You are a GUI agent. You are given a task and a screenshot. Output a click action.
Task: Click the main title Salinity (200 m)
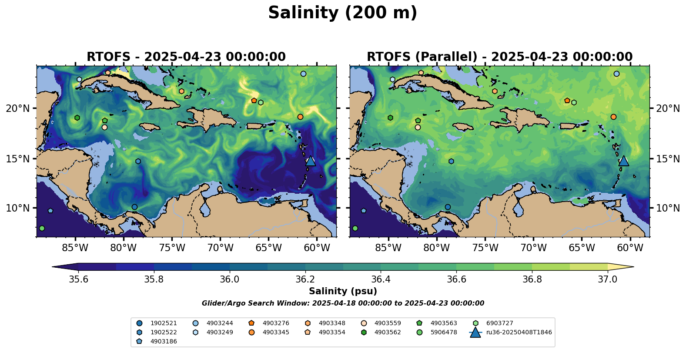pyautogui.click(x=342, y=13)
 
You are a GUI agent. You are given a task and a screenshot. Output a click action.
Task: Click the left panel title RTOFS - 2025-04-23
pyautogui.click(x=186, y=57)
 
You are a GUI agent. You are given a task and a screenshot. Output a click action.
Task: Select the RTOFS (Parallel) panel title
pyautogui.click(x=499, y=57)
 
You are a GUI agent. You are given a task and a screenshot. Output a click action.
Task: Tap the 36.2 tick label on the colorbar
pyautogui.click(x=305, y=279)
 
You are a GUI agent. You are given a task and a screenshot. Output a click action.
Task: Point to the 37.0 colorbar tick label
pyautogui.click(x=607, y=279)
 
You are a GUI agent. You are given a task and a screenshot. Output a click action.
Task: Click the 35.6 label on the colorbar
pyautogui.click(x=78, y=279)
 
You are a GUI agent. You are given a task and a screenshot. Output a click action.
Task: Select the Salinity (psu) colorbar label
pyautogui.click(x=343, y=291)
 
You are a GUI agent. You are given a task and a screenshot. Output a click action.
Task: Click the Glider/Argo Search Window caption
pyautogui.click(x=343, y=303)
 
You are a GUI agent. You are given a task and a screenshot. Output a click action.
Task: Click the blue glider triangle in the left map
pyautogui.click(x=310, y=161)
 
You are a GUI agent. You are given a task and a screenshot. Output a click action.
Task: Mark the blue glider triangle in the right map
pyautogui.click(x=623, y=161)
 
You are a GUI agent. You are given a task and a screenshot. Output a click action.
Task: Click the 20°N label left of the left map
pyautogui.click(x=18, y=108)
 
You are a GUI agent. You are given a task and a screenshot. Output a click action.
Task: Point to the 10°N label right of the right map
pyautogui.click(x=668, y=208)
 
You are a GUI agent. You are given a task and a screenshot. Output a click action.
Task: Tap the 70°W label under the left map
pyautogui.click(x=220, y=248)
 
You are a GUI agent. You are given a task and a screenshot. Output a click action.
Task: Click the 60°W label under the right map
pyautogui.click(x=630, y=248)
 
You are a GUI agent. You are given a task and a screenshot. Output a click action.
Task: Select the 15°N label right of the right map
pyautogui.click(x=668, y=159)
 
